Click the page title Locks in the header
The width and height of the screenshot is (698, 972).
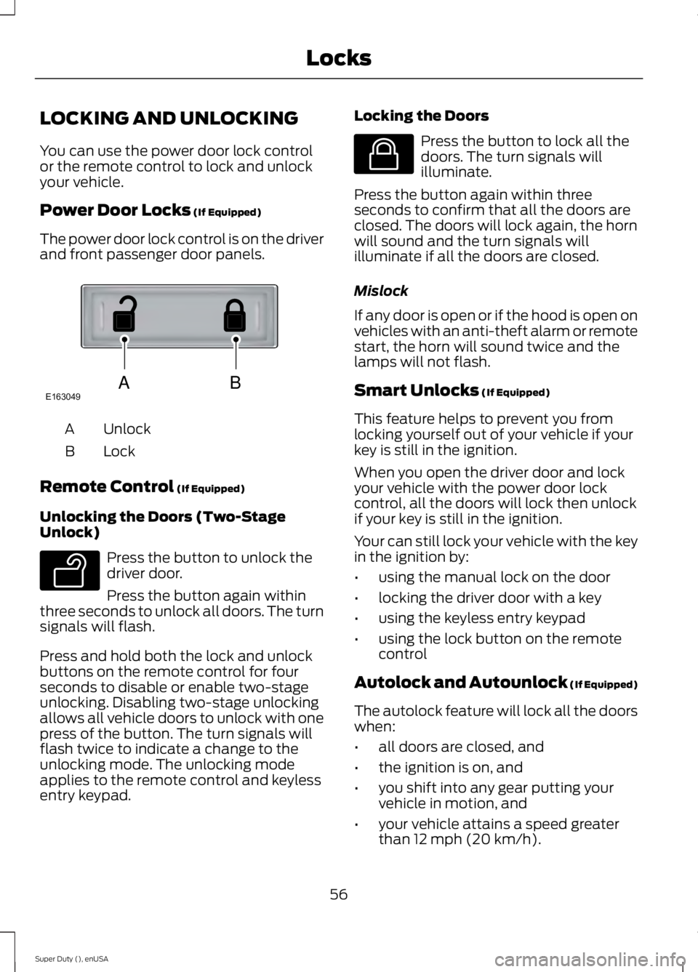[338, 58]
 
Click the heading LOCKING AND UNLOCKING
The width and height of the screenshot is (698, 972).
[169, 118]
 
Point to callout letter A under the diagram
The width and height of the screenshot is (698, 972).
[124, 383]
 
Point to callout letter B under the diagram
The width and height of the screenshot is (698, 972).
[235, 382]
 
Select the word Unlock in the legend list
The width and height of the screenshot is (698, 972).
[127, 429]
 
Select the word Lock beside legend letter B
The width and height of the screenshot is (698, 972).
[119, 451]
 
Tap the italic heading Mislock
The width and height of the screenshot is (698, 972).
[380, 291]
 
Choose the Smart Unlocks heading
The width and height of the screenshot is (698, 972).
[415, 390]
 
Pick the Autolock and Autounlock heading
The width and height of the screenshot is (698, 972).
[461, 683]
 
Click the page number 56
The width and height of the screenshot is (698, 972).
[338, 894]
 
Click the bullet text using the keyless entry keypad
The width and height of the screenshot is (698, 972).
[481, 618]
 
